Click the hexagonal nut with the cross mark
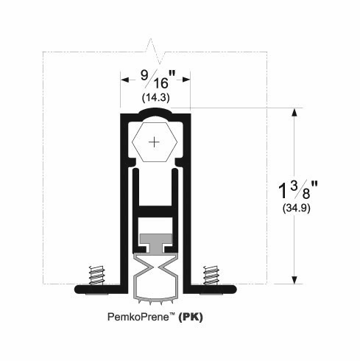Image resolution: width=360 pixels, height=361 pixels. [154, 141]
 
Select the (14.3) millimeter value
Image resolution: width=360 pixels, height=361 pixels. [154, 97]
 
